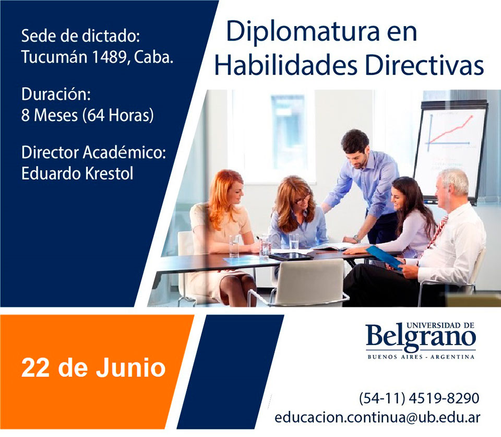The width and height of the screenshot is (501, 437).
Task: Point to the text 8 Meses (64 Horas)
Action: point(88,115)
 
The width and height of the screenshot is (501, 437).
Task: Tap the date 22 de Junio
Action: point(93,368)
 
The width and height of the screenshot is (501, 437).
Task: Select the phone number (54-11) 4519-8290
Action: point(419,398)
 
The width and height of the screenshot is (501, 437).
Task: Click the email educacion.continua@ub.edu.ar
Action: point(377,417)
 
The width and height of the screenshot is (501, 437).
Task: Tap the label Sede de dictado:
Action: point(81,37)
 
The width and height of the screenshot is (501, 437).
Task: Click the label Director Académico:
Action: point(93,152)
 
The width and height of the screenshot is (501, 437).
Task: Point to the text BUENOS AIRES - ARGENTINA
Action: point(420,357)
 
